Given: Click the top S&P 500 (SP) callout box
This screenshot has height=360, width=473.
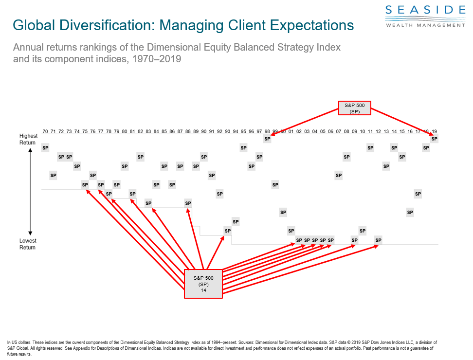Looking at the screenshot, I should tap(355, 108).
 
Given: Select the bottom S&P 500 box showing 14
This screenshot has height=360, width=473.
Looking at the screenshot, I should tap(203, 284).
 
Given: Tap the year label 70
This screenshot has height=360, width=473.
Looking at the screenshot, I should tap(45, 131).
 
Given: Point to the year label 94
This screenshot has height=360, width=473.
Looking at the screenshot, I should tap(236, 131).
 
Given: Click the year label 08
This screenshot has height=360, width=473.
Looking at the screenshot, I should tap(346, 131).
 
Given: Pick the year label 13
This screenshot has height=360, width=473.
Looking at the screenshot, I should tap(386, 131).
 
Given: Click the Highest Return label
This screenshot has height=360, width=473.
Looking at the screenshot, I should tap(28, 139).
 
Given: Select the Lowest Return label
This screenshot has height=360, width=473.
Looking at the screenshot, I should tap(28, 244).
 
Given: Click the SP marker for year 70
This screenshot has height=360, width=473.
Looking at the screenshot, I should tap(45, 147).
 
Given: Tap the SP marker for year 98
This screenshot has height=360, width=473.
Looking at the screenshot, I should tap(267, 139).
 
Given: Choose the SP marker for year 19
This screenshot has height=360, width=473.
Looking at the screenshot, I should tap(434, 139).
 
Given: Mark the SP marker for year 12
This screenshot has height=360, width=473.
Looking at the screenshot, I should tap(378, 240).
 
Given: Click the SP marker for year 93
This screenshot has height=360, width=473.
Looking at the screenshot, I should tap(227, 231).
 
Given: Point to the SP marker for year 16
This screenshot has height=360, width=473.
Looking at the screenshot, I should tap(410, 212).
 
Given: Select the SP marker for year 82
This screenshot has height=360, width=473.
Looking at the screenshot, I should tap(140, 157).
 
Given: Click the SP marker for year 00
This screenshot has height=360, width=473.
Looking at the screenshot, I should tap(283, 212).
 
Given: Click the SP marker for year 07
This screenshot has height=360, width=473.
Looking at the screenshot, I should tap(338, 175).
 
